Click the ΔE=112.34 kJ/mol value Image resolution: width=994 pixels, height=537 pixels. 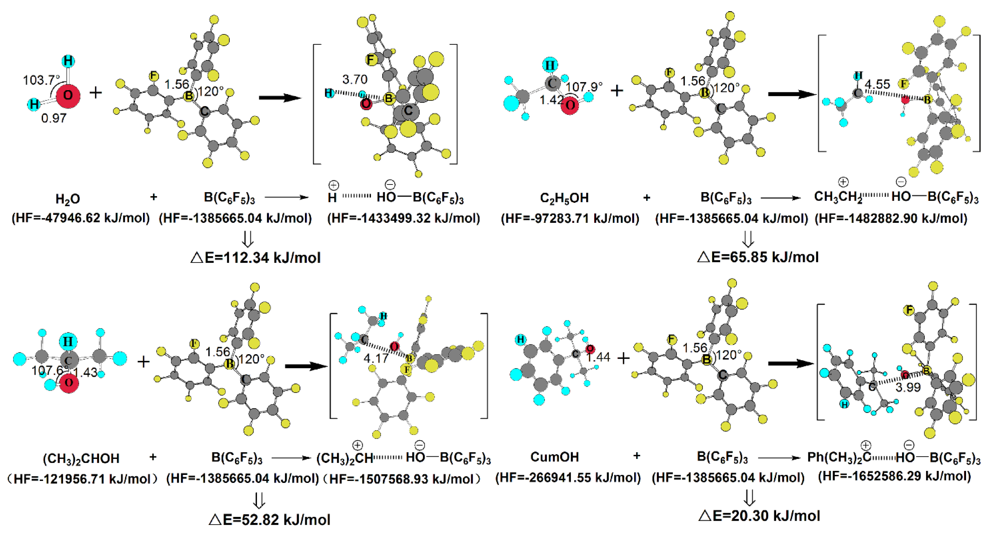[255, 257]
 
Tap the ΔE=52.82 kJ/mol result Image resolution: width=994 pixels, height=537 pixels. [269, 519]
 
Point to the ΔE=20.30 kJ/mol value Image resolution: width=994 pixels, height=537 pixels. [759, 515]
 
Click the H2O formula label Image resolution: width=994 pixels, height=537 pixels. [68, 199]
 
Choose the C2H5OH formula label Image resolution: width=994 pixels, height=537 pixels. [564, 198]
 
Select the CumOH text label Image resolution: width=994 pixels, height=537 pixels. [555, 457]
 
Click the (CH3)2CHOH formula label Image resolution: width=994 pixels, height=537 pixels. [81, 458]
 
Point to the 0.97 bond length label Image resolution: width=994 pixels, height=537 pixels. [54, 118]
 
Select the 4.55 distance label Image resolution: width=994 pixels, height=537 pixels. [877, 84]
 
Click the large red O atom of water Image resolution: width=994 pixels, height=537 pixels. [68, 96]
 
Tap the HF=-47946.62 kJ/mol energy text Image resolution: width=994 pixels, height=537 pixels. [81, 218]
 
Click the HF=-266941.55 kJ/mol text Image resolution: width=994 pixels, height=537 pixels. [568, 478]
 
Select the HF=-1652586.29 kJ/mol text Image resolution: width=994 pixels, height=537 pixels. [894, 476]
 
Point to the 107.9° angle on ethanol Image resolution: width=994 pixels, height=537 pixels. [584, 87]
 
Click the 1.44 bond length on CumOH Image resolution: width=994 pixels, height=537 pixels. [598, 357]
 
